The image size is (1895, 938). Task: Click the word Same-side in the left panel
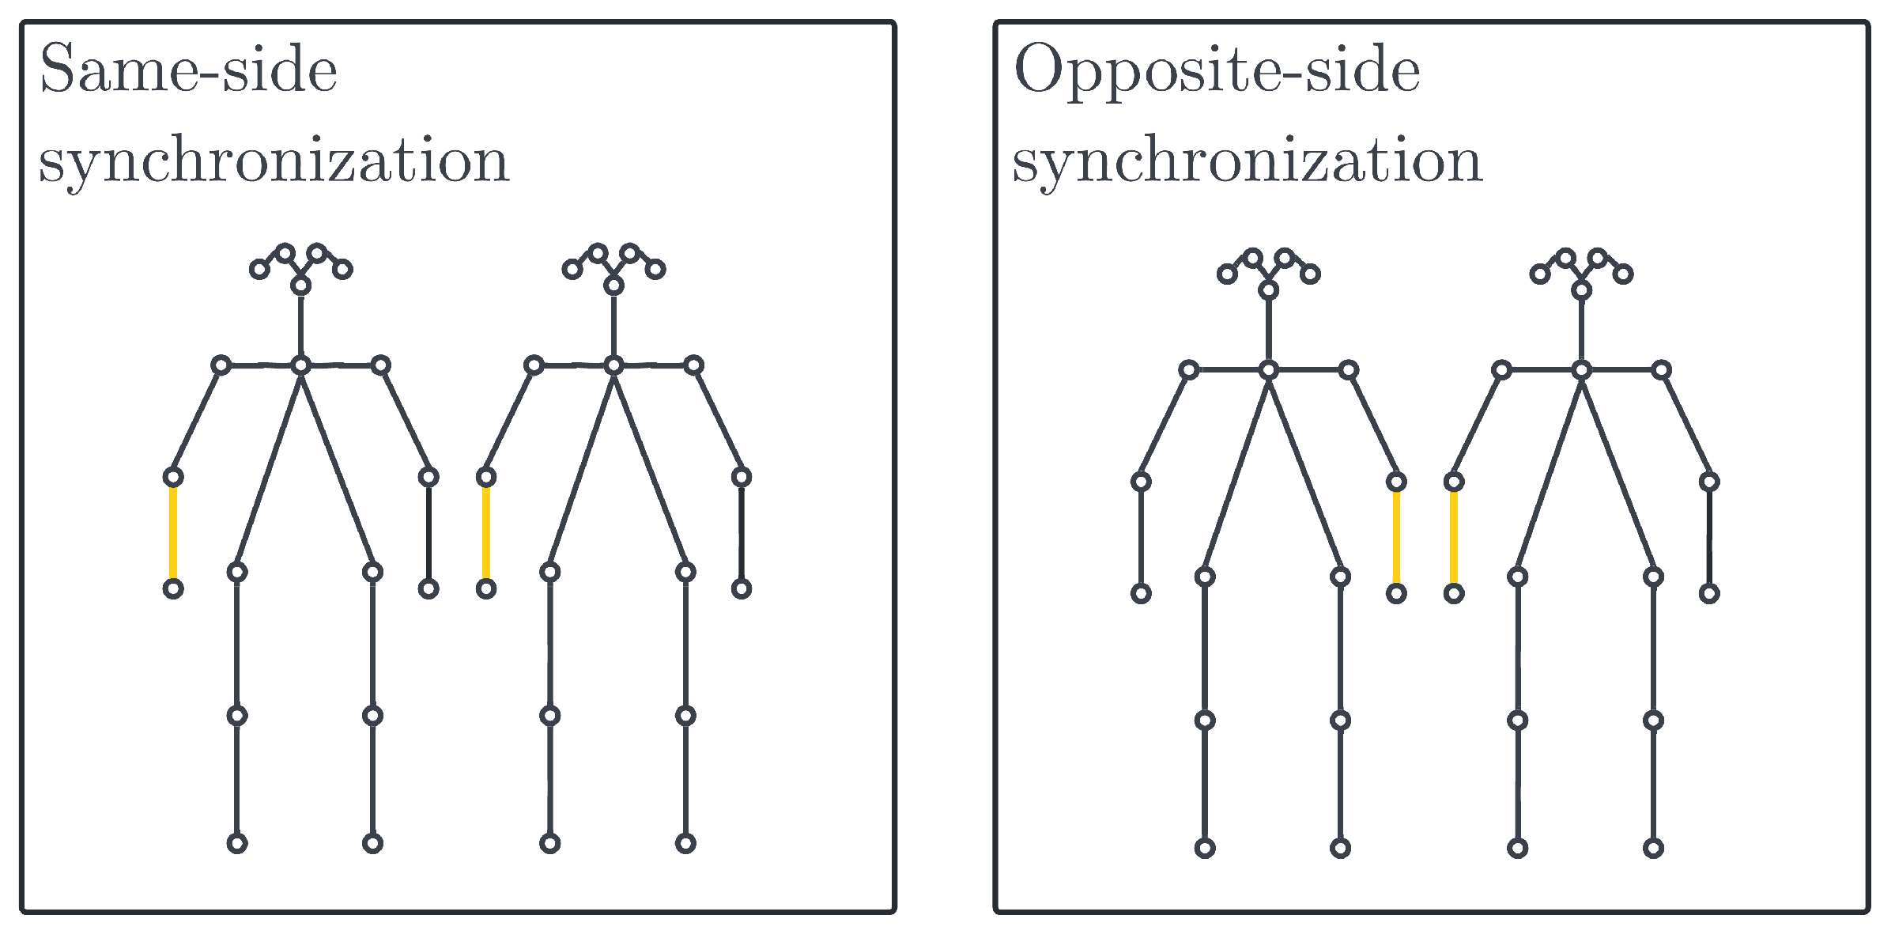pyautogui.click(x=188, y=70)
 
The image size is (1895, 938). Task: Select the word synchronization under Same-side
pyautogui.click(x=274, y=161)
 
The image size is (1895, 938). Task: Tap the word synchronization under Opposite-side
pyautogui.click(x=1247, y=161)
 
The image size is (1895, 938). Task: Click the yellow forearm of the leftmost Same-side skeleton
pyautogui.click(x=173, y=532)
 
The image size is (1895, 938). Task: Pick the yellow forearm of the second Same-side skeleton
pyautogui.click(x=486, y=532)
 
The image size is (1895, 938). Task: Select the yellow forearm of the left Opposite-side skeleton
pyautogui.click(x=1396, y=537)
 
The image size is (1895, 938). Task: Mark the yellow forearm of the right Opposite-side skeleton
pyautogui.click(x=1453, y=537)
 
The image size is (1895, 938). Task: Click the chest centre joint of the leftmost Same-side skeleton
pyautogui.click(x=300, y=365)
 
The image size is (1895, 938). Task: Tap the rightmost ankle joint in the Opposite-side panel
pyautogui.click(x=1653, y=849)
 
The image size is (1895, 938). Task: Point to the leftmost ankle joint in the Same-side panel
pyautogui.click(x=237, y=844)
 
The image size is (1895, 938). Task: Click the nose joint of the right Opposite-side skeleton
pyautogui.click(x=1581, y=290)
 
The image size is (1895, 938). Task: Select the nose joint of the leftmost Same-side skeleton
pyautogui.click(x=300, y=286)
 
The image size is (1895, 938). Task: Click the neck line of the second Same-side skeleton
pyautogui.click(x=613, y=325)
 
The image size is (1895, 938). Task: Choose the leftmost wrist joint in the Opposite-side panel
pyautogui.click(x=1141, y=593)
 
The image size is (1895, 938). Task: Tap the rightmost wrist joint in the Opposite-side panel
pyautogui.click(x=1709, y=593)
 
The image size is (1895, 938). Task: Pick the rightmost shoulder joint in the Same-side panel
pyautogui.click(x=693, y=365)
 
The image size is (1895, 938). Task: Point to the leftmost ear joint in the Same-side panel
pyautogui.click(x=259, y=270)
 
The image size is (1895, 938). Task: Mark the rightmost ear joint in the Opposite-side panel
pyautogui.click(x=1623, y=274)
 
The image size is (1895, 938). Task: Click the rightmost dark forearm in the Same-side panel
pyautogui.click(x=741, y=532)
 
